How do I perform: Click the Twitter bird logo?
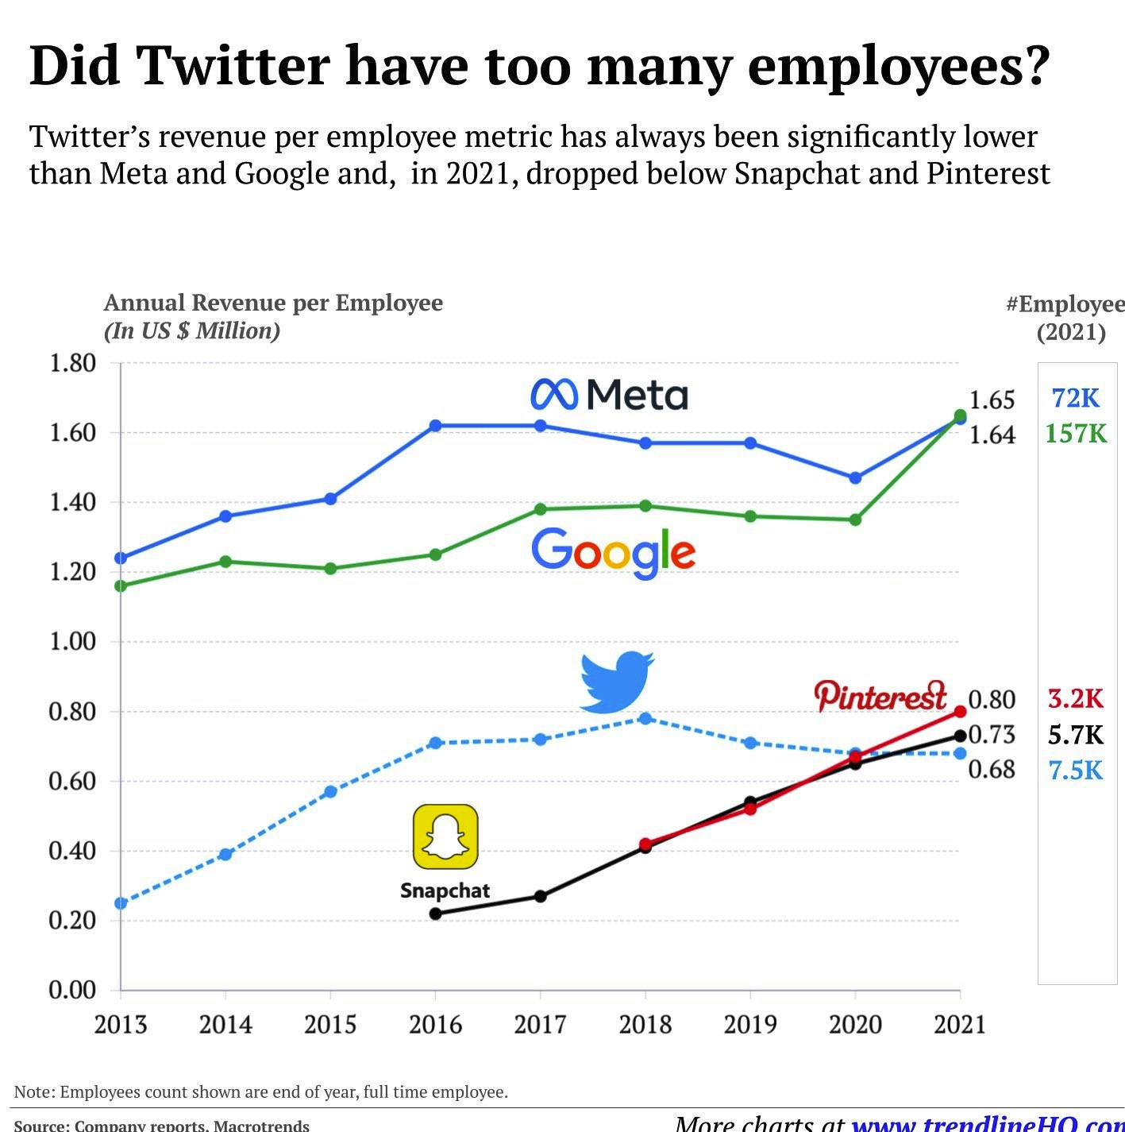[617, 681]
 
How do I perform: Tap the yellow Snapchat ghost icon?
[445, 836]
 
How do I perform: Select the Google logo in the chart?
[613, 552]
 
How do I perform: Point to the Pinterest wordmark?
[880, 696]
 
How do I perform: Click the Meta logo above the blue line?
[609, 395]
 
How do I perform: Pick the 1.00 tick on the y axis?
[72, 641]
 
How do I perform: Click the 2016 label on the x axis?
[435, 1024]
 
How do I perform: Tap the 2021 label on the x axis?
[959, 1024]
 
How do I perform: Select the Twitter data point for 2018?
[645, 719]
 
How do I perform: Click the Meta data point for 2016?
[435, 426]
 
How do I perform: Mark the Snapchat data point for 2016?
[435, 914]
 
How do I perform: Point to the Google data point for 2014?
[225, 562]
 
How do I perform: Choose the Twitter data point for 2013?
[121, 903]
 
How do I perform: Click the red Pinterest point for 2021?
[960, 712]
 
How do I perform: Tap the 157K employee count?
[1075, 434]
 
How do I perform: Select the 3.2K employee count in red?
[1075, 698]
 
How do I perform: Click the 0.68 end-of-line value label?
[992, 769]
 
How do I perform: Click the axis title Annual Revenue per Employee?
[273, 303]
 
